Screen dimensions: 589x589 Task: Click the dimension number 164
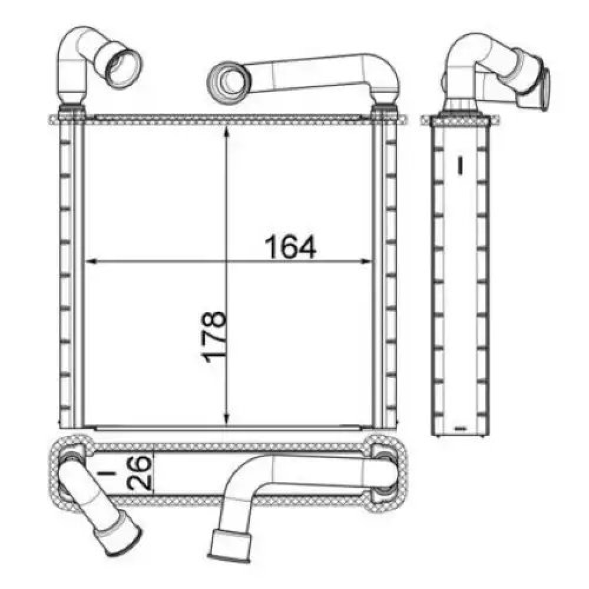coord(290,247)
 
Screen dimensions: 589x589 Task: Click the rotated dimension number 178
coord(214,336)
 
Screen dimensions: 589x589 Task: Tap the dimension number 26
coord(140,472)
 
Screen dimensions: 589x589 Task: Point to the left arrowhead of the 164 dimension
coord(92,261)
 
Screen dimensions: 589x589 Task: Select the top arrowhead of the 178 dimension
coord(226,133)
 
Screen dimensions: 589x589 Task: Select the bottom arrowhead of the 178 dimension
coord(226,419)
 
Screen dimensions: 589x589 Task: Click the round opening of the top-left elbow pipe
coord(123,69)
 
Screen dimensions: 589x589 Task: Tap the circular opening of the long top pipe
coord(229,82)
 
